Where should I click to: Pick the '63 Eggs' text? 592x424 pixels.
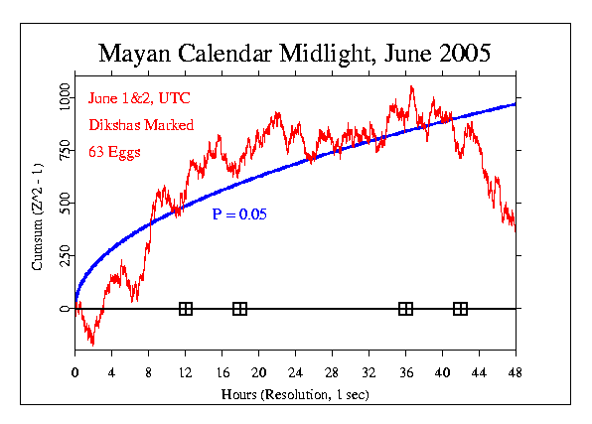(x=112, y=151)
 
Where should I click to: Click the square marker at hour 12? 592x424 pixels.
(x=185, y=309)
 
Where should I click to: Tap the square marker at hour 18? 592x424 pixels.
(x=239, y=309)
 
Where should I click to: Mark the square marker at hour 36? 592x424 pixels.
(x=405, y=309)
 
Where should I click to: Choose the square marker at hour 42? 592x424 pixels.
(x=460, y=309)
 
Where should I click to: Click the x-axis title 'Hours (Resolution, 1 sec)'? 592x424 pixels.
(x=295, y=392)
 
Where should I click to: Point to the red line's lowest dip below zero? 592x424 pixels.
(x=92, y=344)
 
